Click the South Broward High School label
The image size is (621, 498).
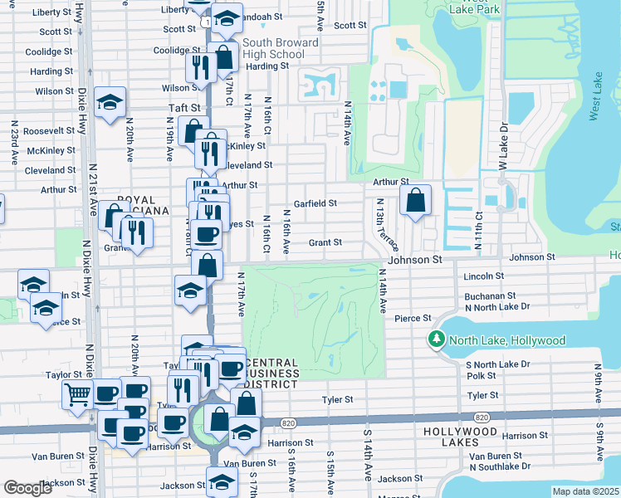pos(280,48)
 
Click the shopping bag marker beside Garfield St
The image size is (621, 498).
pos(415,200)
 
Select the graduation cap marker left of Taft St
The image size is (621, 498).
pos(110,103)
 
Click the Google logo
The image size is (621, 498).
pos(28,488)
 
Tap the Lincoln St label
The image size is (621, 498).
pos(485,276)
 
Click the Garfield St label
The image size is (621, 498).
pos(315,203)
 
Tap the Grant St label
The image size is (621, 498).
pos(325,242)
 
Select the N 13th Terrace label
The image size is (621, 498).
pos(387,225)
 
